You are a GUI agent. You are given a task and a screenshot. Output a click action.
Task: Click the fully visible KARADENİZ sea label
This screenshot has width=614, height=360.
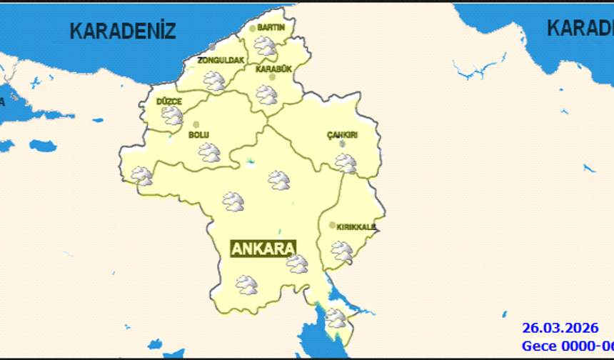(x=122, y=30)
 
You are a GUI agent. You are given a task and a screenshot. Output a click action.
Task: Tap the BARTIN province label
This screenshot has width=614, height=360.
(x=271, y=27)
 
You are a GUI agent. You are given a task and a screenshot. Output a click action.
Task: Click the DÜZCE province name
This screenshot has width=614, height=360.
(x=169, y=101)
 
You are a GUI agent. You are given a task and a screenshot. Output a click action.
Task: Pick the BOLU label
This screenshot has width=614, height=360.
(x=198, y=134)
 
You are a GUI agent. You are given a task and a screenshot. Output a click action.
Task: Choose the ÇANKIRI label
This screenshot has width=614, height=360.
(x=342, y=134)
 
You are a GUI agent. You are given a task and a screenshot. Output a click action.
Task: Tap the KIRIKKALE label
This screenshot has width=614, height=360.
(x=356, y=228)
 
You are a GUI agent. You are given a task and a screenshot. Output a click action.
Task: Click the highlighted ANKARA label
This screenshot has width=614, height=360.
(x=263, y=248)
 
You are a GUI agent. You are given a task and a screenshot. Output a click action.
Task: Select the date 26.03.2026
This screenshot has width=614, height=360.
(x=560, y=329)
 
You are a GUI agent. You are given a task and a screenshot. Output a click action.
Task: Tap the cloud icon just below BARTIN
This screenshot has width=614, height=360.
(x=266, y=46)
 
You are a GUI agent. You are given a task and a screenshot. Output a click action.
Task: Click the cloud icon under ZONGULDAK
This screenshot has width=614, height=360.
(x=214, y=80)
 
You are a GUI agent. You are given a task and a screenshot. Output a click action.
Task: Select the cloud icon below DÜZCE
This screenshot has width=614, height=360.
(x=172, y=116)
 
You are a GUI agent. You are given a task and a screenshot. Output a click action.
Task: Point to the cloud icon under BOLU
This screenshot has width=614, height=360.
(x=210, y=152)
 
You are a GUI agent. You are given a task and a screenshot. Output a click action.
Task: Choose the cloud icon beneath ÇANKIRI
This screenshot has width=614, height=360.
(x=346, y=163)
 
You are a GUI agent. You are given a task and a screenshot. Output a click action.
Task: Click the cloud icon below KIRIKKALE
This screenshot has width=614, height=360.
(x=341, y=251)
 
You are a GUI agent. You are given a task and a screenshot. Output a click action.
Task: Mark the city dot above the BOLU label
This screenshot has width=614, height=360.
(x=196, y=124)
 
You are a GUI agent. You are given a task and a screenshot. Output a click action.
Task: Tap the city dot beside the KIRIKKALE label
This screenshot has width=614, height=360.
(x=332, y=225)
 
